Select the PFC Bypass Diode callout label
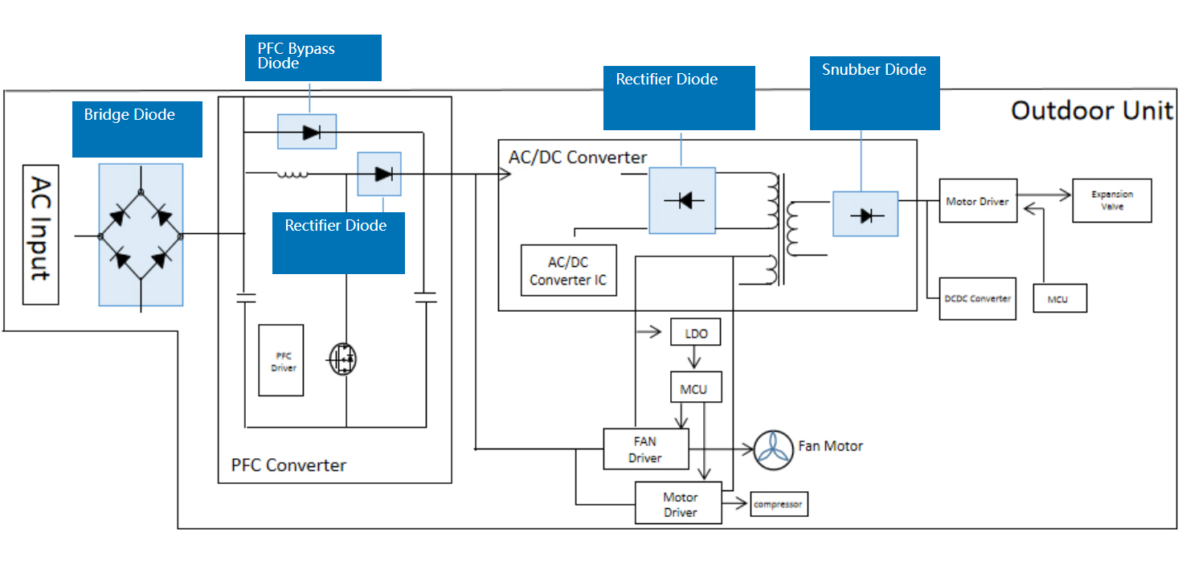tap(313, 57)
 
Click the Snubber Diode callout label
tap(874, 92)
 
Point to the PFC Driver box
tap(281, 360)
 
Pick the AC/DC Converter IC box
tap(569, 270)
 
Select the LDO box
tap(695, 333)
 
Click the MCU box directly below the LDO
tap(694, 388)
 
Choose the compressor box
tap(778, 504)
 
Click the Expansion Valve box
tap(1112, 201)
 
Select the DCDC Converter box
tap(977, 298)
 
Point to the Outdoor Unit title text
tap(1092, 110)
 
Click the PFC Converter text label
tap(288, 465)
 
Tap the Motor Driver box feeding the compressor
tap(679, 504)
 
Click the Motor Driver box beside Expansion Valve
tap(978, 201)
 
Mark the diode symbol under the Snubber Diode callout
tap(866, 215)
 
